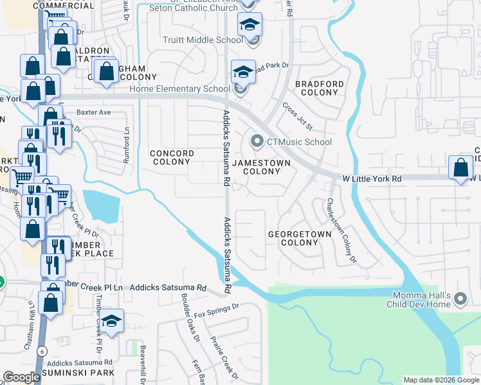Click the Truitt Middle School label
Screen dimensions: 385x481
(x=202, y=40)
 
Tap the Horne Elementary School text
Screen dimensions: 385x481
(x=189, y=89)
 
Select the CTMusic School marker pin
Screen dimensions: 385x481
(x=257, y=141)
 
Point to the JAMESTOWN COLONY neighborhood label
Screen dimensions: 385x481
(x=261, y=167)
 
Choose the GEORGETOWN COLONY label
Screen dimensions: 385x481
(x=300, y=238)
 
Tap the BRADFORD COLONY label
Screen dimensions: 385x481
(x=319, y=88)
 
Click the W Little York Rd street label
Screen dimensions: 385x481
(x=372, y=178)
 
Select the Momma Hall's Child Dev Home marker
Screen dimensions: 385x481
(x=460, y=299)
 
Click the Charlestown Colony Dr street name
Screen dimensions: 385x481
(x=341, y=230)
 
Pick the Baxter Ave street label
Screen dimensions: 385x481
(x=94, y=112)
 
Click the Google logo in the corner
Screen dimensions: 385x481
(x=22, y=377)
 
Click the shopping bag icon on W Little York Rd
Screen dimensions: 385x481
(x=460, y=169)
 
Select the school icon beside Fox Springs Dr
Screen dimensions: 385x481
(x=111, y=323)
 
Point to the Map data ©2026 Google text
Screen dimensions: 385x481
(x=440, y=380)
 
